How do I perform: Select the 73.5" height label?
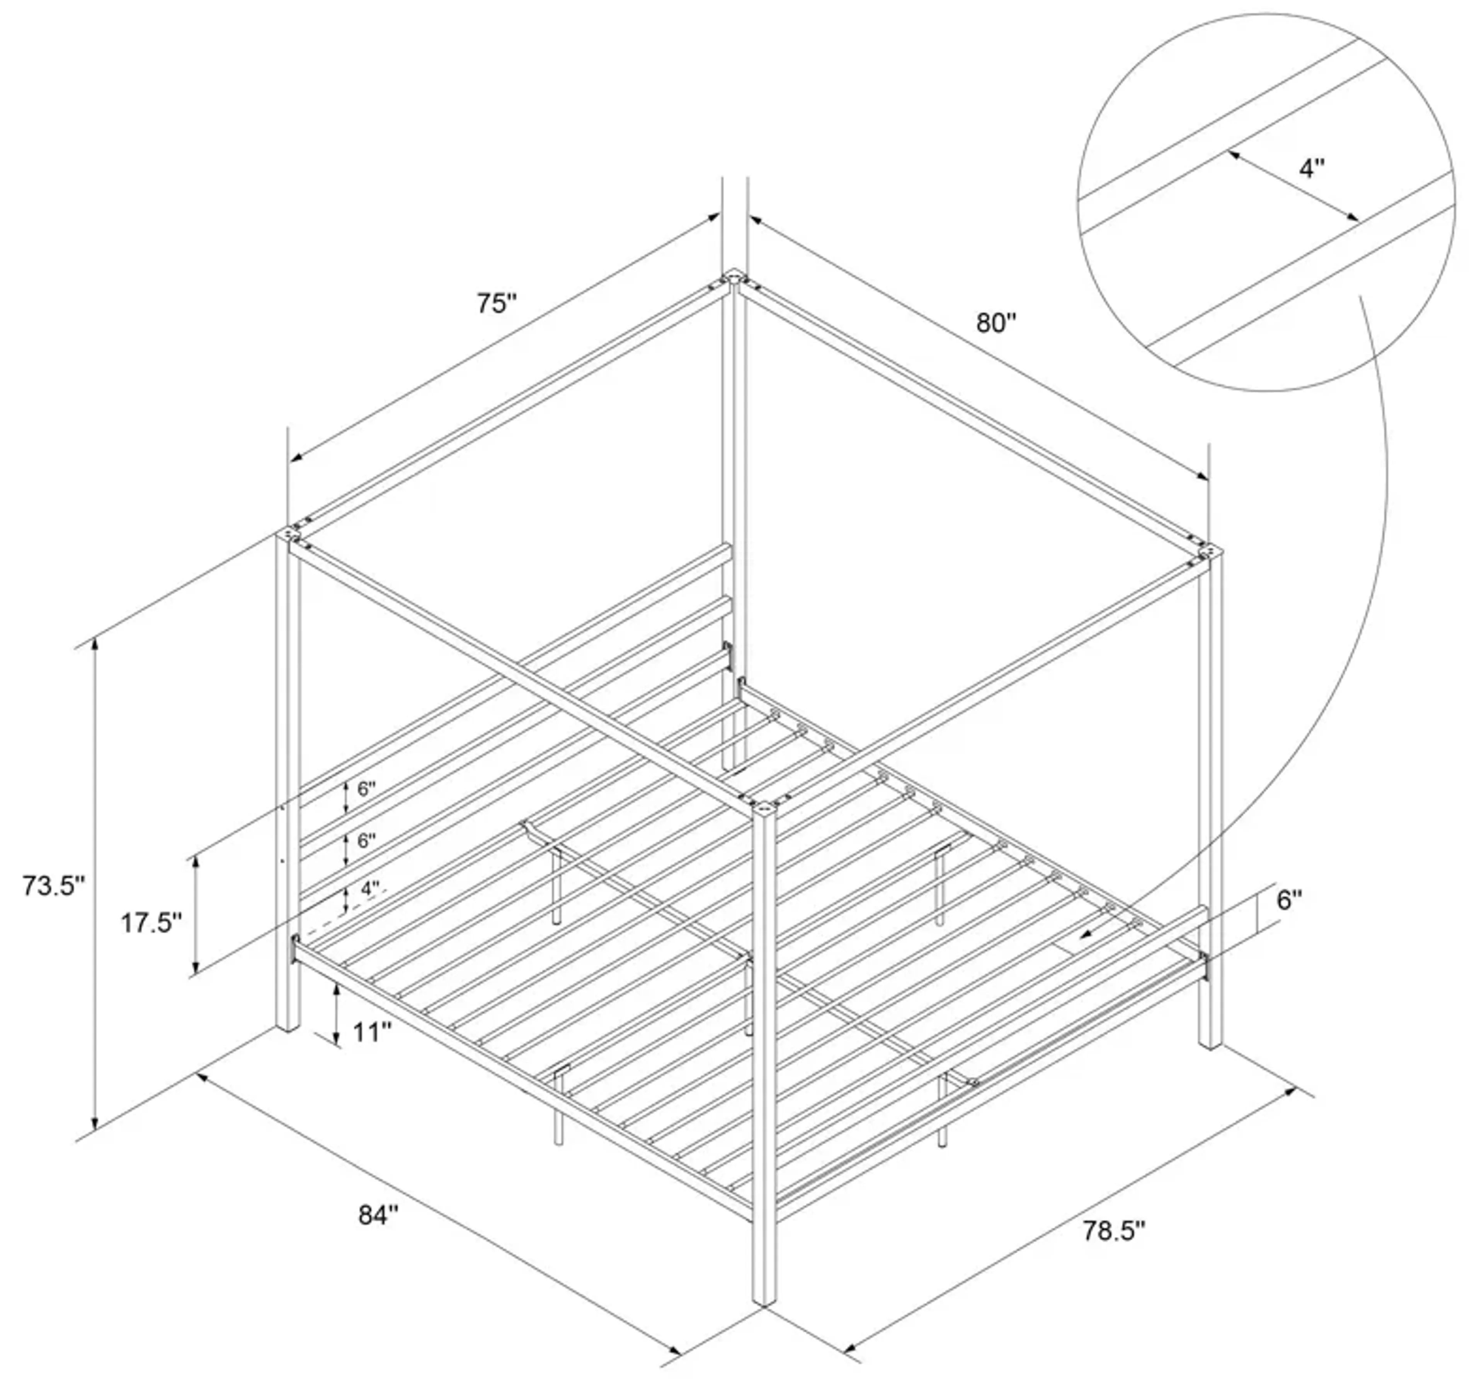52,886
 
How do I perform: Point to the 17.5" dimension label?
151,923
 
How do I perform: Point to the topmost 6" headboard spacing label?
366,789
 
